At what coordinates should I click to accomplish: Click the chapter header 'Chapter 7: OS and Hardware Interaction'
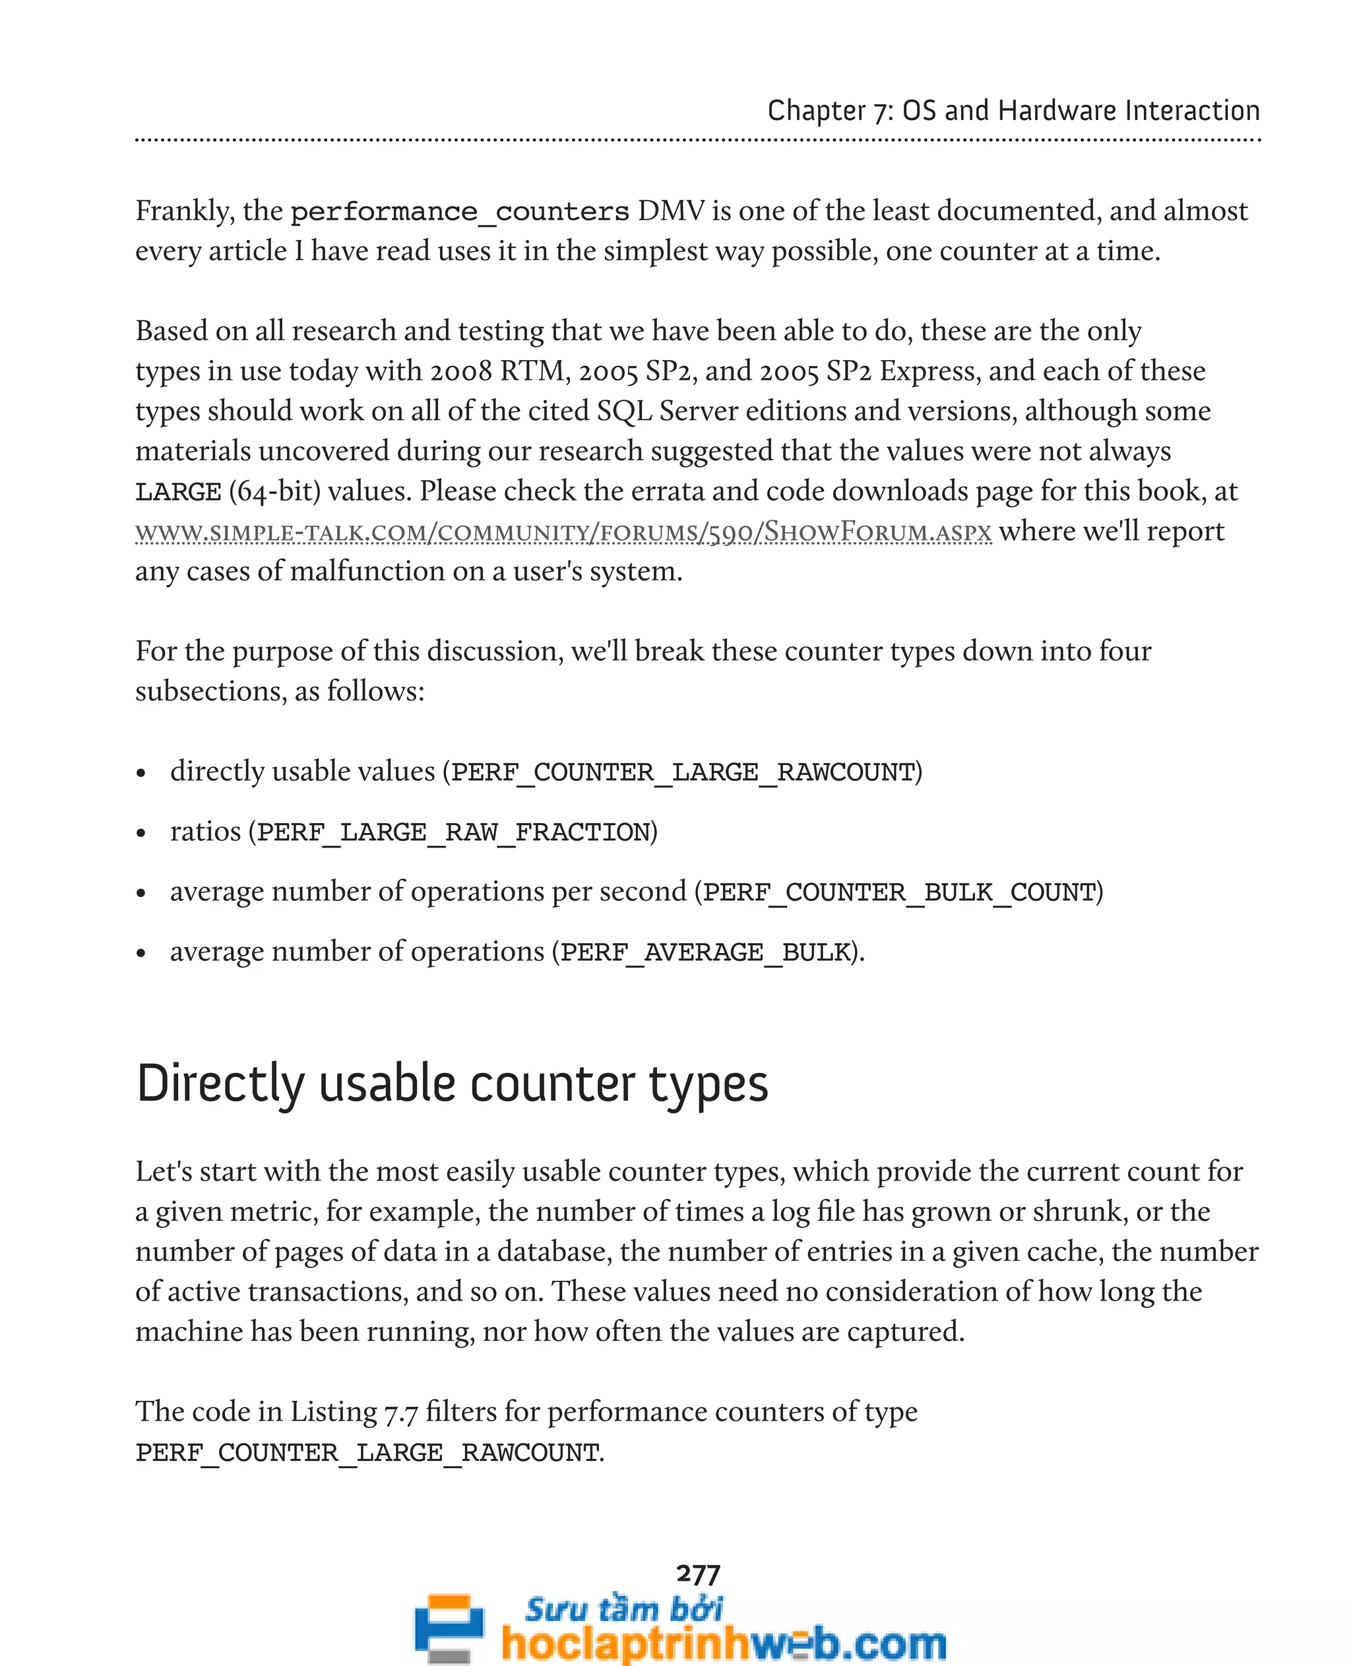1013,111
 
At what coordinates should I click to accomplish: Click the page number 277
698,1574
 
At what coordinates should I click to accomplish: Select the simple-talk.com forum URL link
563,532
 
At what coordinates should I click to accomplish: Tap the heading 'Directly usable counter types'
452,1084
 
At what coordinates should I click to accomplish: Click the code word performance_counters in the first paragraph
459,212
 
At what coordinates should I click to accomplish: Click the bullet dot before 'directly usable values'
141,774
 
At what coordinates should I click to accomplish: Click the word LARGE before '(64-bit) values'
178,493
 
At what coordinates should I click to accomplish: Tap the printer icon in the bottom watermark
449,1628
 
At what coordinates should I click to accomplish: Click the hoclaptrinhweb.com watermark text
724,1644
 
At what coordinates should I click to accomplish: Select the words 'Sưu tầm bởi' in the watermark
623,1609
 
